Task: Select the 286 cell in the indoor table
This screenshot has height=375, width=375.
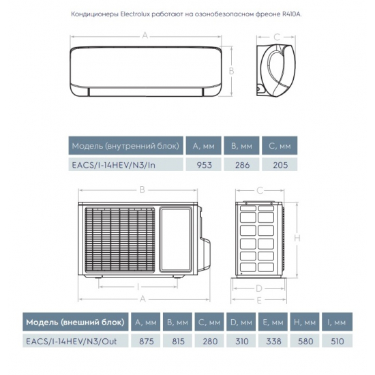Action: click(242, 164)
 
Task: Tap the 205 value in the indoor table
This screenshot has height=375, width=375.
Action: click(280, 164)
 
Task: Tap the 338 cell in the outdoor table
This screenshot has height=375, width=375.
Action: click(268, 341)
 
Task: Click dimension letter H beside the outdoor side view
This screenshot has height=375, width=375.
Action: click(299, 238)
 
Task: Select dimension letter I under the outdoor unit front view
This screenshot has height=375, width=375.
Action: click(138, 286)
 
